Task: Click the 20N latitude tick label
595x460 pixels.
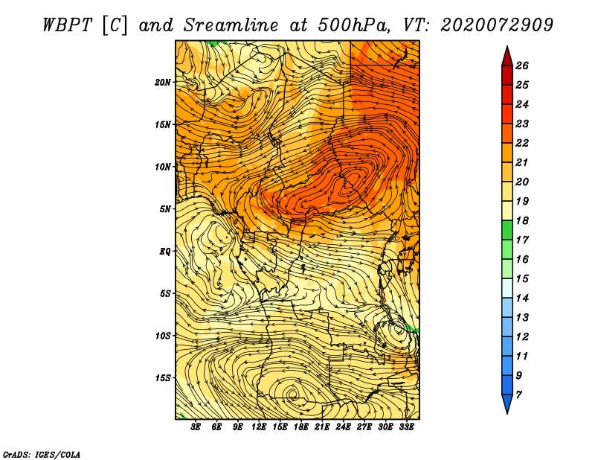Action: click(162, 83)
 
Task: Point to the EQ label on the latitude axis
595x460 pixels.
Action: click(164, 252)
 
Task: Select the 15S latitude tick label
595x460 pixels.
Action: click(162, 378)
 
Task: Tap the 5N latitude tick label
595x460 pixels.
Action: click(164, 209)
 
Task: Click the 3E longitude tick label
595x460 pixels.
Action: click(196, 427)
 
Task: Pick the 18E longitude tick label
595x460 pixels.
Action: click(300, 427)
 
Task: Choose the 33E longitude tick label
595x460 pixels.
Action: click(406, 427)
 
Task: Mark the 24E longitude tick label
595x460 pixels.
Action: click(343, 427)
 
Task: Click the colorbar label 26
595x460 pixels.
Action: click(522, 66)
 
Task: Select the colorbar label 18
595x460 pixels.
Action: click(522, 220)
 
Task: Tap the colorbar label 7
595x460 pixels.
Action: click(518, 395)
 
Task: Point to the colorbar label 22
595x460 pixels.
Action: click(522, 143)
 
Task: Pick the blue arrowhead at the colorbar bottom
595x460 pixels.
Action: click(507, 403)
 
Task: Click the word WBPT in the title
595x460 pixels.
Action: click(67, 25)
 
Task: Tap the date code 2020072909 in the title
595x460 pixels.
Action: click(497, 25)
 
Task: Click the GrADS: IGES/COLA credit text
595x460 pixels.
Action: click(42, 455)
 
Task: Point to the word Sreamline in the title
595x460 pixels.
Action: click(231, 25)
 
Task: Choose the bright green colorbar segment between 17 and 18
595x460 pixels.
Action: click(507, 230)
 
